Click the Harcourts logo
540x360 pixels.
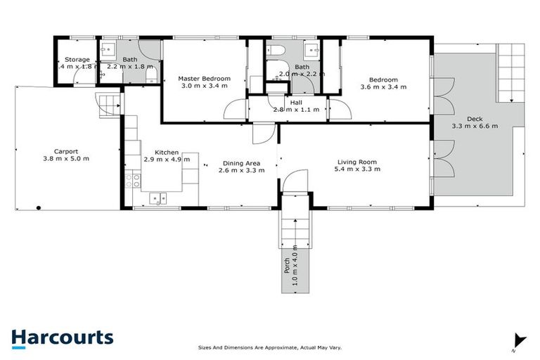pyautogui.click(x=62, y=337)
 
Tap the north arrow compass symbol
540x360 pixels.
pyautogui.click(x=519, y=341)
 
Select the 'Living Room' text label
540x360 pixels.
pyautogui.click(x=359, y=162)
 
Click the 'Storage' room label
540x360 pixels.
pyautogui.click(x=77, y=60)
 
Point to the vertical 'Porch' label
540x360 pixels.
pyautogui.click(x=287, y=265)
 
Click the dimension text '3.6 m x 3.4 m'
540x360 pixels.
pyautogui.click(x=383, y=88)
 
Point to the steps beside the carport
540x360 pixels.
pyautogui.click(x=105, y=106)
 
